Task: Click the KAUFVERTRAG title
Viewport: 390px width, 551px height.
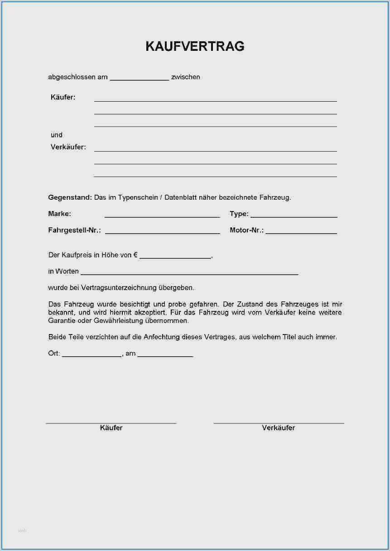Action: (195, 46)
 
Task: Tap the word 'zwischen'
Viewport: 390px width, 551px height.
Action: (186, 77)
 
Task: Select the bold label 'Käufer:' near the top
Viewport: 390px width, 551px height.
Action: (63, 97)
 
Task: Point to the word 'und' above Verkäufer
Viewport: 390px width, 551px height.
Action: (57, 135)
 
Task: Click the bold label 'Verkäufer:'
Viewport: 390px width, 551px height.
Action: (68, 147)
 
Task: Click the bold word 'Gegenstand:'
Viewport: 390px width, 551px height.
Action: (70, 197)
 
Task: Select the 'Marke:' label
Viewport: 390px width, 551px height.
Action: (59, 214)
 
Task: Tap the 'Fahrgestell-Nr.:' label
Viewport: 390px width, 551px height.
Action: (74, 230)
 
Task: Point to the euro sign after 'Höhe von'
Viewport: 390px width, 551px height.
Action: (135, 255)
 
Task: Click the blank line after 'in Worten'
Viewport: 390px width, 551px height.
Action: (189, 273)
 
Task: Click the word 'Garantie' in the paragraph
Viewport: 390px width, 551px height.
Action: (62, 320)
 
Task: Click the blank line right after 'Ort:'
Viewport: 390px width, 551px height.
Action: (91, 355)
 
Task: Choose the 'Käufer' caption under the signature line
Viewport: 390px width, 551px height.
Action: (111, 428)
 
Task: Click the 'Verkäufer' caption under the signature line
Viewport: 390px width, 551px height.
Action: (278, 428)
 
